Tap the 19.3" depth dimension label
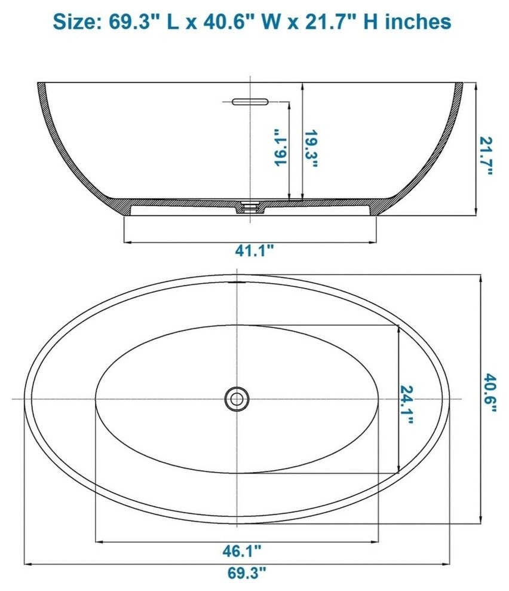pos(311,149)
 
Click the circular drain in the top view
pos(237,398)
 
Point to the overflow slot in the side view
pos(250,100)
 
